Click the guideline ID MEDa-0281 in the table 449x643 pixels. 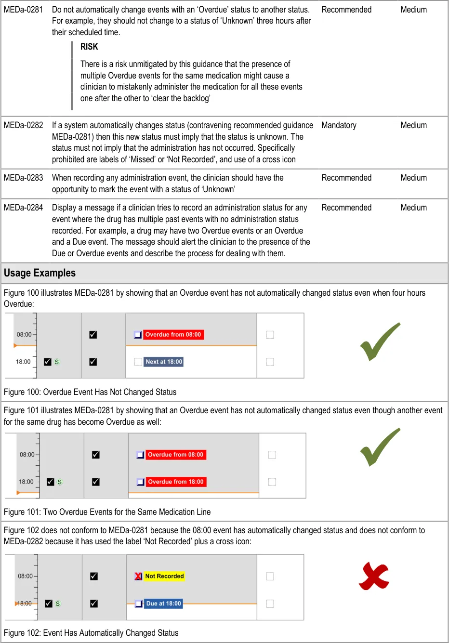click(x=23, y=10)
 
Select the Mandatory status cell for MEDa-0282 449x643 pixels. click(x=339, y=125)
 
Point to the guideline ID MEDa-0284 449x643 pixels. click(x=23, y=208)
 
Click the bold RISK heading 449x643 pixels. click(x=89, y=47)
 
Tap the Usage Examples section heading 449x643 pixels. click(x=40, y=273)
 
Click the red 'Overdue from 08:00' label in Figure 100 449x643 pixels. click(x=173, y=335)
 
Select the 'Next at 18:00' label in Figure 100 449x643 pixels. click(x=164, y=362)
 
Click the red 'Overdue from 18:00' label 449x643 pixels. click(x=175, y=482)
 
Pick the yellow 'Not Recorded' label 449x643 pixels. click(x=164, y=576)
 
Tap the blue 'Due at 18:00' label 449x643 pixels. click(x=164, y=604)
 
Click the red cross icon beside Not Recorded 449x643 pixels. click(x=138, y=576)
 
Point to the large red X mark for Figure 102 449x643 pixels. click(x=374, y=576)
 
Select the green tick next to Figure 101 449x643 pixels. click(x=380, y=446)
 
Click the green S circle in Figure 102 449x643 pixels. click(x=58, y=604)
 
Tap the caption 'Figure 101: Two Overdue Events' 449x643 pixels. click(x=107, y=512)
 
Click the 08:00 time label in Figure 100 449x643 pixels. click(x=24, y=335)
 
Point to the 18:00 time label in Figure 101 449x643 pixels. click(x=26, y=482)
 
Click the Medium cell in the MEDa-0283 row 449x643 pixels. click(x=413, y=178)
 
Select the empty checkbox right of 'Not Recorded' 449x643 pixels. click(x=270, y=576)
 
